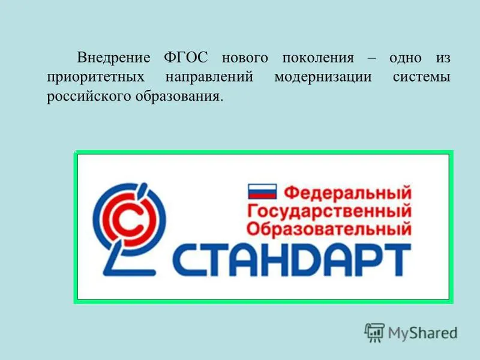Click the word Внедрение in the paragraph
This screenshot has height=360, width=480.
coord(113,58)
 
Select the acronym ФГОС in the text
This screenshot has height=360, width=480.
coord(186,58)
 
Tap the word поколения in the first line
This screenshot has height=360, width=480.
coord(318,58)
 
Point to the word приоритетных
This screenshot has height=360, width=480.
coord(95,77)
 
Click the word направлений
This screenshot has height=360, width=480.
coord(209,77)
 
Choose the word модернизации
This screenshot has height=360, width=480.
coord(323,77)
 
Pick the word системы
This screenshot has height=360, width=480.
coord(422,77)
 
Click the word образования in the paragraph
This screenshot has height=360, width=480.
coord(179,96)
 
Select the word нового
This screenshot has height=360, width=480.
coord(245,58)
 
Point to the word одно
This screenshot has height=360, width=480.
coord(406,58)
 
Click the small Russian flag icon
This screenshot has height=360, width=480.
coord(262,191)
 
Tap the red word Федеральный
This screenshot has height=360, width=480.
coord(347,193)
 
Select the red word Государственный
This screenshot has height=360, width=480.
coord(329,211)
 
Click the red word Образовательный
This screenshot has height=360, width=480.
coord(329,229)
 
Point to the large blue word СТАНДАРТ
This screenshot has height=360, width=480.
coord(292,260)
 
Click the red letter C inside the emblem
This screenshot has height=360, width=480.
coord(129,221)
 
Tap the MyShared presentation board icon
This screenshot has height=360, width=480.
coord(374,332)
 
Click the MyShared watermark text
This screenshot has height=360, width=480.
coord(422,333)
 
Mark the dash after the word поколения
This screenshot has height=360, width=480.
coord(371,58)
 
